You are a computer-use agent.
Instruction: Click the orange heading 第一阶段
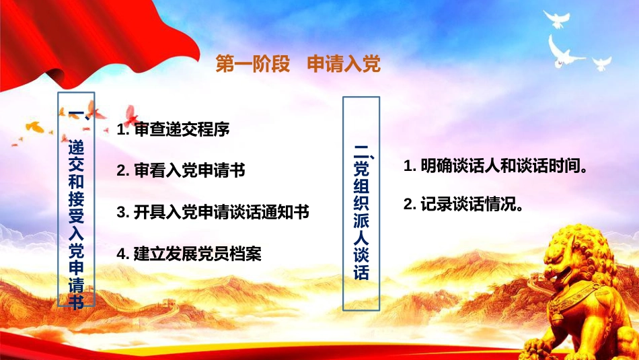[x=253, y=64]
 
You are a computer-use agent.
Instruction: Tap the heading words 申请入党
[x=344, y=64]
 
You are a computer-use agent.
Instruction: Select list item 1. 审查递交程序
[x=173, y=129]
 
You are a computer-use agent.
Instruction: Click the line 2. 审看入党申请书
[x=181, y=170]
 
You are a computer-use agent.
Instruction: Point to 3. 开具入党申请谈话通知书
[x=213, y=212]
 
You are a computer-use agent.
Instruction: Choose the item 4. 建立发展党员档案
[x=189, y=254]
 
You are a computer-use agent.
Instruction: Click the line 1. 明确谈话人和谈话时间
[x=496, y=166]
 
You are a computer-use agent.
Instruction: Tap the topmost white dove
[x=556, y=19]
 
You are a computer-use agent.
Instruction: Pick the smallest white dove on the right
[x=601, y=64]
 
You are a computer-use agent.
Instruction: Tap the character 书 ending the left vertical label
[x=76, y=301]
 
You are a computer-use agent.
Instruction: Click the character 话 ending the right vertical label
[x=361, y=272]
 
